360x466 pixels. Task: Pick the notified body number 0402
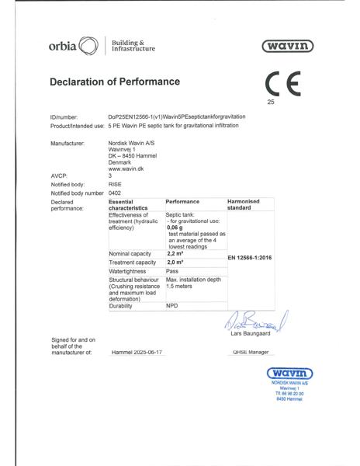116,192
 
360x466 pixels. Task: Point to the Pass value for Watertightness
173,272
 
